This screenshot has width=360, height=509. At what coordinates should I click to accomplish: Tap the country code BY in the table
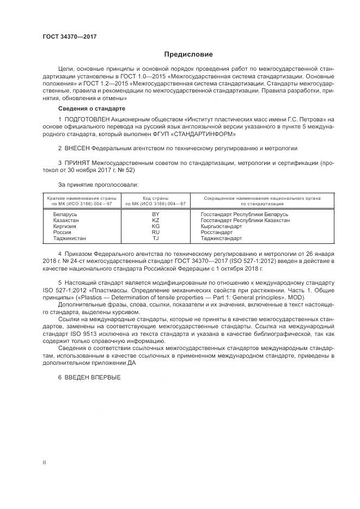click(x=155, y=214)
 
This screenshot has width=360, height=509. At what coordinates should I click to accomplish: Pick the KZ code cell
click(x=155, y=220)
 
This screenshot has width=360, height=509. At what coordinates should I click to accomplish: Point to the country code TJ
click(x=155, y=238)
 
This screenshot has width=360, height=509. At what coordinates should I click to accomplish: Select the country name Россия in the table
click(x=62, y=232)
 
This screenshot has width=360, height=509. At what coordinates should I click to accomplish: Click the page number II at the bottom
click(x=44, y=462)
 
